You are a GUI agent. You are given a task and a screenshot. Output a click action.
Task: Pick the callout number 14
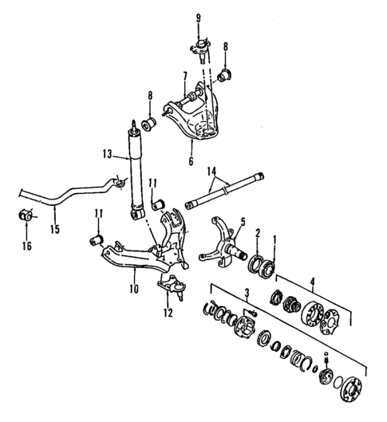tap(212, 172)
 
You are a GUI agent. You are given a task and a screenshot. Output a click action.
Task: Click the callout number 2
tap(258, 234)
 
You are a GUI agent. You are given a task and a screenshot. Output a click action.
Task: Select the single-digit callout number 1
tap(276, 237)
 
